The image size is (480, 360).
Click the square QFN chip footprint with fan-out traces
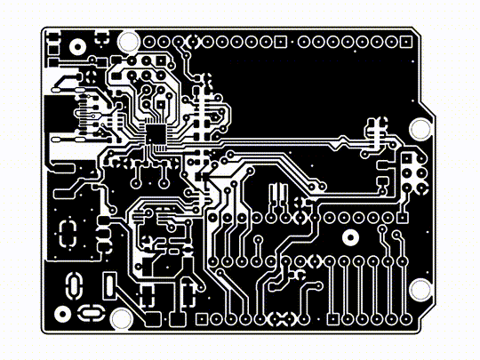[x=156, y=136]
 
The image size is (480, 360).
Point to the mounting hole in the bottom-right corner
[x=418, y=289]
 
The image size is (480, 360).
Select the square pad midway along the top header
[x=281, y=41]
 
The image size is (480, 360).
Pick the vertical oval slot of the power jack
[x=74, y=285]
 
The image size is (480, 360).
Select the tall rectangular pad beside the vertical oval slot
[x=108, y=287]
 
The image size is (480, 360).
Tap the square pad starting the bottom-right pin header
[x=332, y=318]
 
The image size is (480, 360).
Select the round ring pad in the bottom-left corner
[x=62, y=313]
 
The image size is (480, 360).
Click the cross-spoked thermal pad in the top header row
[x=188, y=41]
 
